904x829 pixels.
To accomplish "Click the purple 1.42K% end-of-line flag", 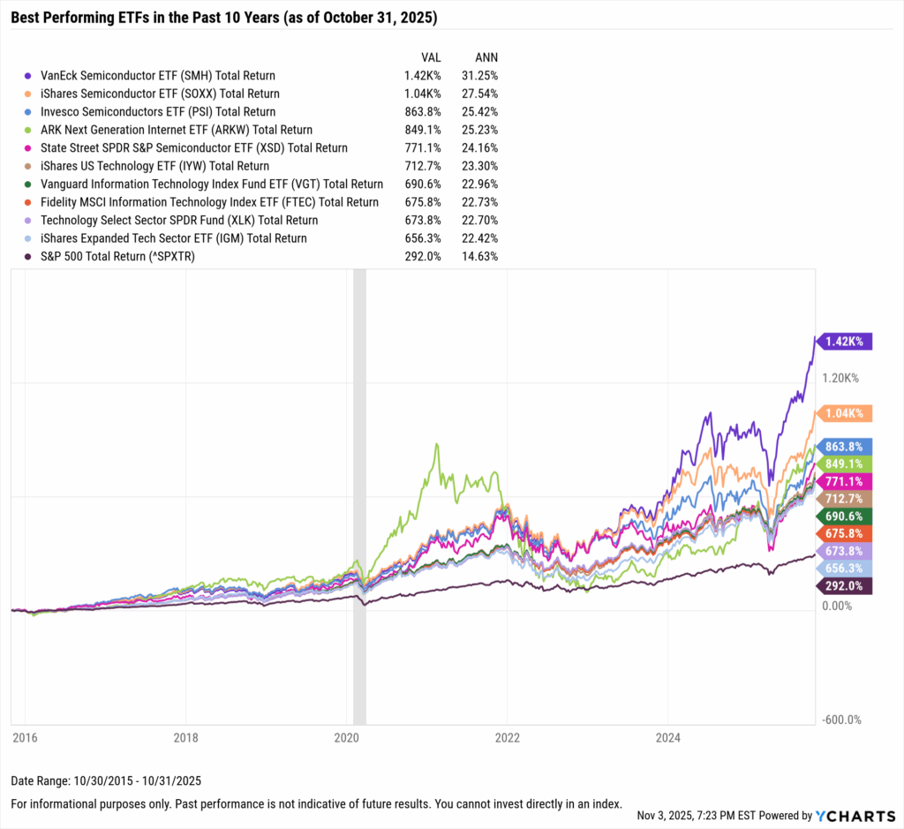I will click(x=845, y=341).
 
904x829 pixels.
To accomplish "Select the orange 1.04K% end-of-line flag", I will click(x=845, y=413).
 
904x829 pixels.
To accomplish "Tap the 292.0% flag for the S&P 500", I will click(x=845, y=586).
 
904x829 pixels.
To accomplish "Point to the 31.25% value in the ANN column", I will click(x=479, y=76).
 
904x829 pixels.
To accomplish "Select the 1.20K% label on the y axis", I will click(x=840, y=378).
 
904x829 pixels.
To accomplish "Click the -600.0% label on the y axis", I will click(x=842, y=720).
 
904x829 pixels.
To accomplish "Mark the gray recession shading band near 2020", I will click(x=359, y=494).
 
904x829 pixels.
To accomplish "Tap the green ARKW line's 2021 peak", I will click(x=435, y=444).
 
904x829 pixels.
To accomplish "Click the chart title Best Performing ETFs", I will click(x=223, y=18).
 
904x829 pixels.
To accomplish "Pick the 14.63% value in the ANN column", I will click(x=479, y=256).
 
